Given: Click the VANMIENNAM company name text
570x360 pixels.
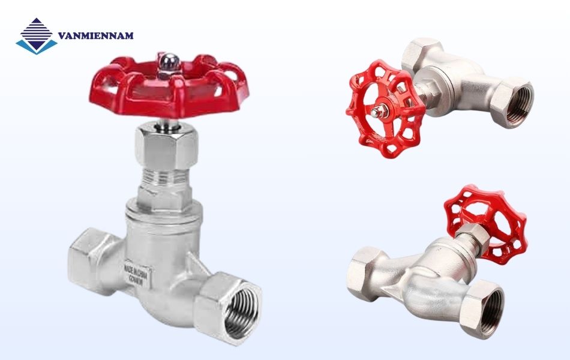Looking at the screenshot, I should click(96, 36).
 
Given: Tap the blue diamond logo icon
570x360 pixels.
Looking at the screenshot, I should click(36, 36).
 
